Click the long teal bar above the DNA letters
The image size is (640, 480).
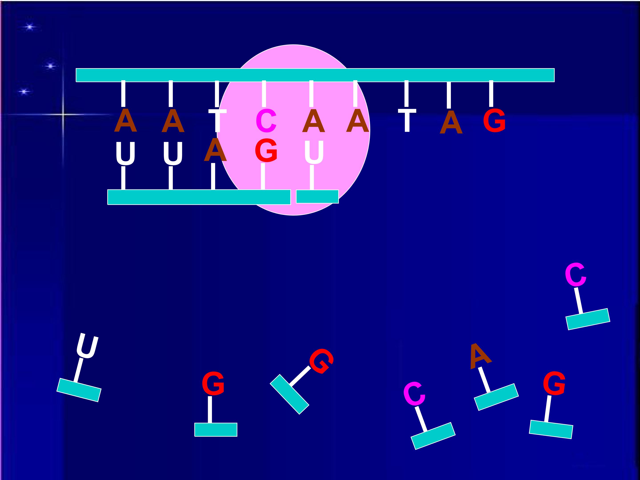pyautogui.click(x=315, y=75)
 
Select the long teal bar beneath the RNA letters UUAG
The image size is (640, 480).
pyautogui.click(x=199, y=197)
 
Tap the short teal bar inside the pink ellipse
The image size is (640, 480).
pyautogui.click(x=317, y=196)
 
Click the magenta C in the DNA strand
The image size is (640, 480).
pyautogui.click(x=266, y=121)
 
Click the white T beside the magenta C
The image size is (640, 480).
pyautogui.click(x=217, y=121)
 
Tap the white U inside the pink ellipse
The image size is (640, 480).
pyautogui.click(x=314, y=152)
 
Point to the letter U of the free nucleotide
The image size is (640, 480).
pyautogui.click(x=87, y=346)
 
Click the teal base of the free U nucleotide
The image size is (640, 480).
pyautogui.click(x=79, y=390)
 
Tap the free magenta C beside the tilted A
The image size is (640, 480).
pyautogui.click(x=414, y=394)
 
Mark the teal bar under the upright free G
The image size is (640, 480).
pyautogui.click(x=216, y=429)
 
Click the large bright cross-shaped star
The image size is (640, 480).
pyautogui.click(x=63, y=115)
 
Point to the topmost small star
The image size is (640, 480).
pyautogui.click(x=29, y=27)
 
